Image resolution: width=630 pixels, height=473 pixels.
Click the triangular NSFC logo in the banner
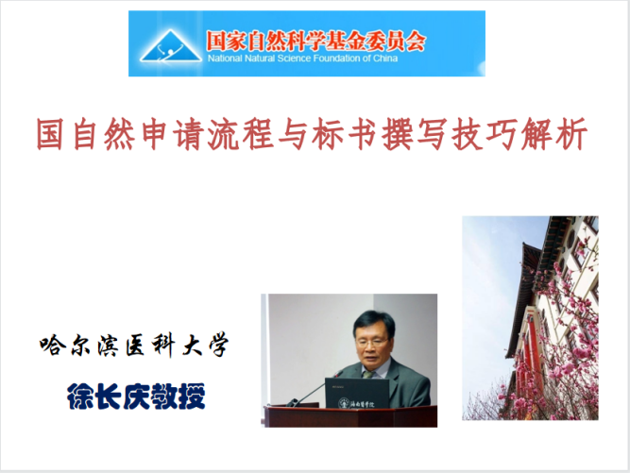click(x=171, y=46)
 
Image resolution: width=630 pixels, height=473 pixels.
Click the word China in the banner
click(x=385, y=59)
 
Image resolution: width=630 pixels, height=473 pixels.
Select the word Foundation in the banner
click(x=336, y=59)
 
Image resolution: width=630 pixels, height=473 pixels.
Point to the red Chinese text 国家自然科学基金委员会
click(x=315, y=41)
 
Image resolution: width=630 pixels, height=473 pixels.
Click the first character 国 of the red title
click(x=50, y=134)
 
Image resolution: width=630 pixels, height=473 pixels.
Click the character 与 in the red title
click(x=294, y=134)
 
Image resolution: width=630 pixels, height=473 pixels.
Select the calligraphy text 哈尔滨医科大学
click(x=134, y=346)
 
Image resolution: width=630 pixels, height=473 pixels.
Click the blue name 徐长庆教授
click(x=136, y=396)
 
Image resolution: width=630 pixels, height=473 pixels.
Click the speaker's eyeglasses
click(x=371, y=342)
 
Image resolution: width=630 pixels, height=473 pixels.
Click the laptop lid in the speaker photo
click(x=357, y=393)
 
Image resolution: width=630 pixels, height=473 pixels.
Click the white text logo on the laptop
click(x=357, y=403)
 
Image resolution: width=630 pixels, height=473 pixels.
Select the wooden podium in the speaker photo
click(x=350, y=416)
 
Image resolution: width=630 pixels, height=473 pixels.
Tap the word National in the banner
click(x=225, y=59)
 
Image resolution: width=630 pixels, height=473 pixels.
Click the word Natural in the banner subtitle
click(x=260, y=59)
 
